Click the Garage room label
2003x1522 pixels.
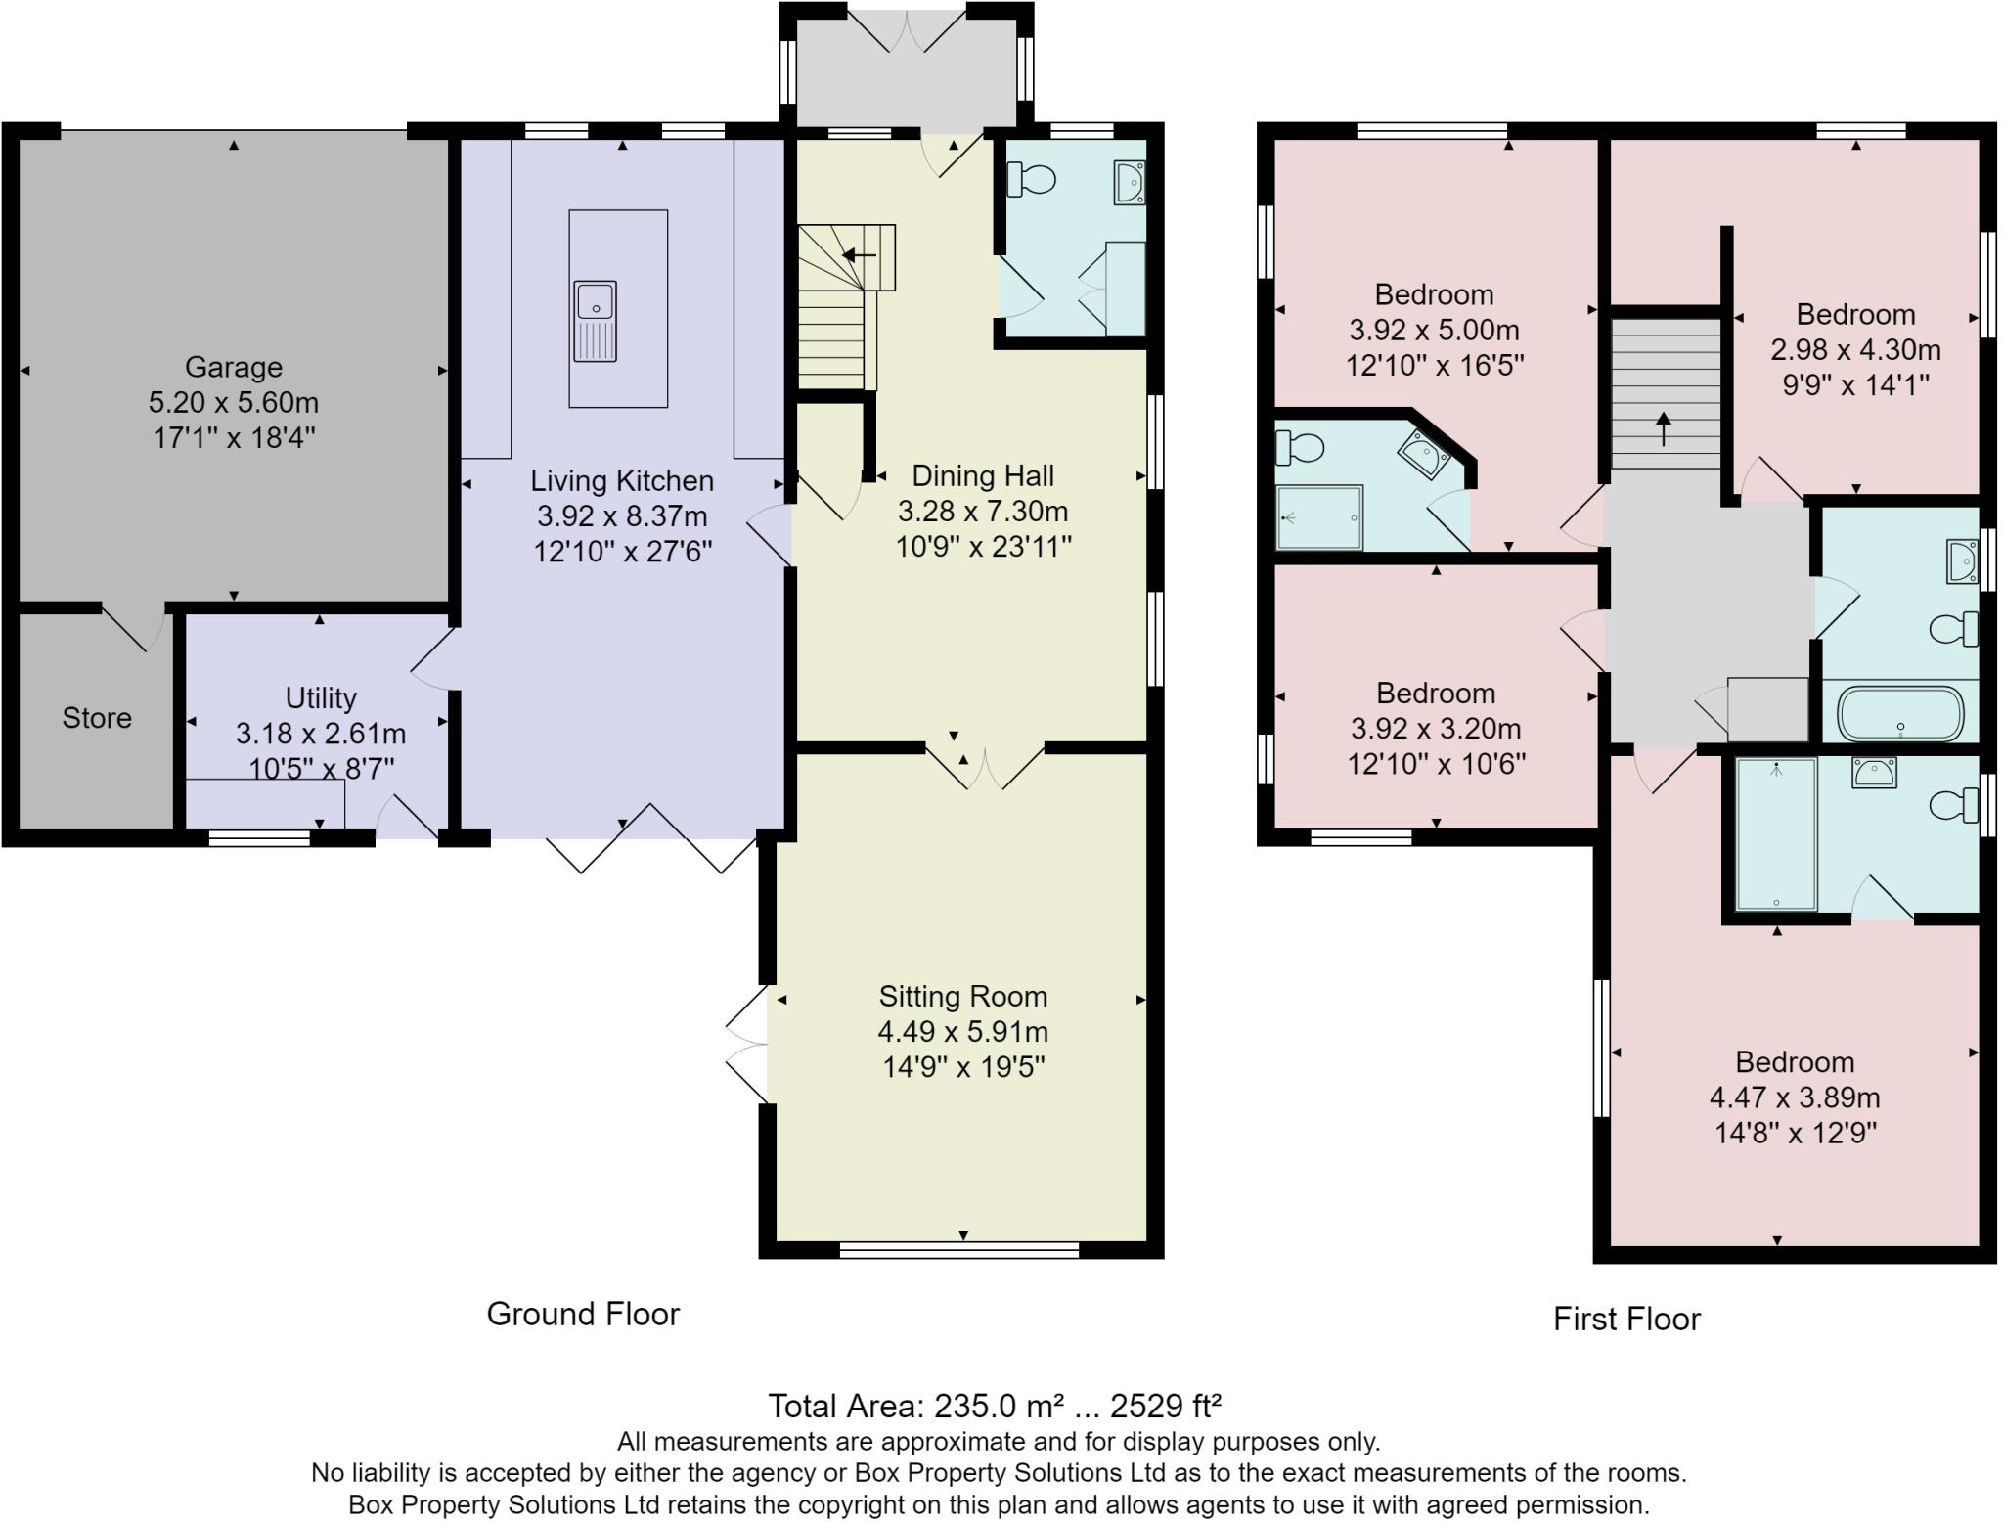coord(233,367)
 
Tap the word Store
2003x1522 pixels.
coord(96,718)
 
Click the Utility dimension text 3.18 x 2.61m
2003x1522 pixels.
coord(320,734)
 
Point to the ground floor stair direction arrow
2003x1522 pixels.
coord(859,256)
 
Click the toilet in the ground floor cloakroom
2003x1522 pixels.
coord(1031,179)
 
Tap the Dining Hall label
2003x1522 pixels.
coord(982,476)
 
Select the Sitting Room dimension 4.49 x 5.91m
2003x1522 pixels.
coord(962,1032)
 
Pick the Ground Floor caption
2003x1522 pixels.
coord(583,1314)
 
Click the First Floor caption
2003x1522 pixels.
coord(1626,1320)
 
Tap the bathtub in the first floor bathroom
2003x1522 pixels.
coord(1900,714)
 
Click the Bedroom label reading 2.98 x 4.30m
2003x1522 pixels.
coord(1855,350)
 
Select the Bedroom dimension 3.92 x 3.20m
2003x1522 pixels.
coord(1435,729)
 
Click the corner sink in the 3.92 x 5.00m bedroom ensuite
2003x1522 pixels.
coord(1423,454)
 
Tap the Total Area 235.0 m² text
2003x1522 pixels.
coord(994,1407)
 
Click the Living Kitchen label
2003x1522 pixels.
coord(622,481)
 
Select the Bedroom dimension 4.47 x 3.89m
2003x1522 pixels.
coord(1794,1097)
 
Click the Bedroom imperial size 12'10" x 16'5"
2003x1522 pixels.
coord(1434,366)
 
